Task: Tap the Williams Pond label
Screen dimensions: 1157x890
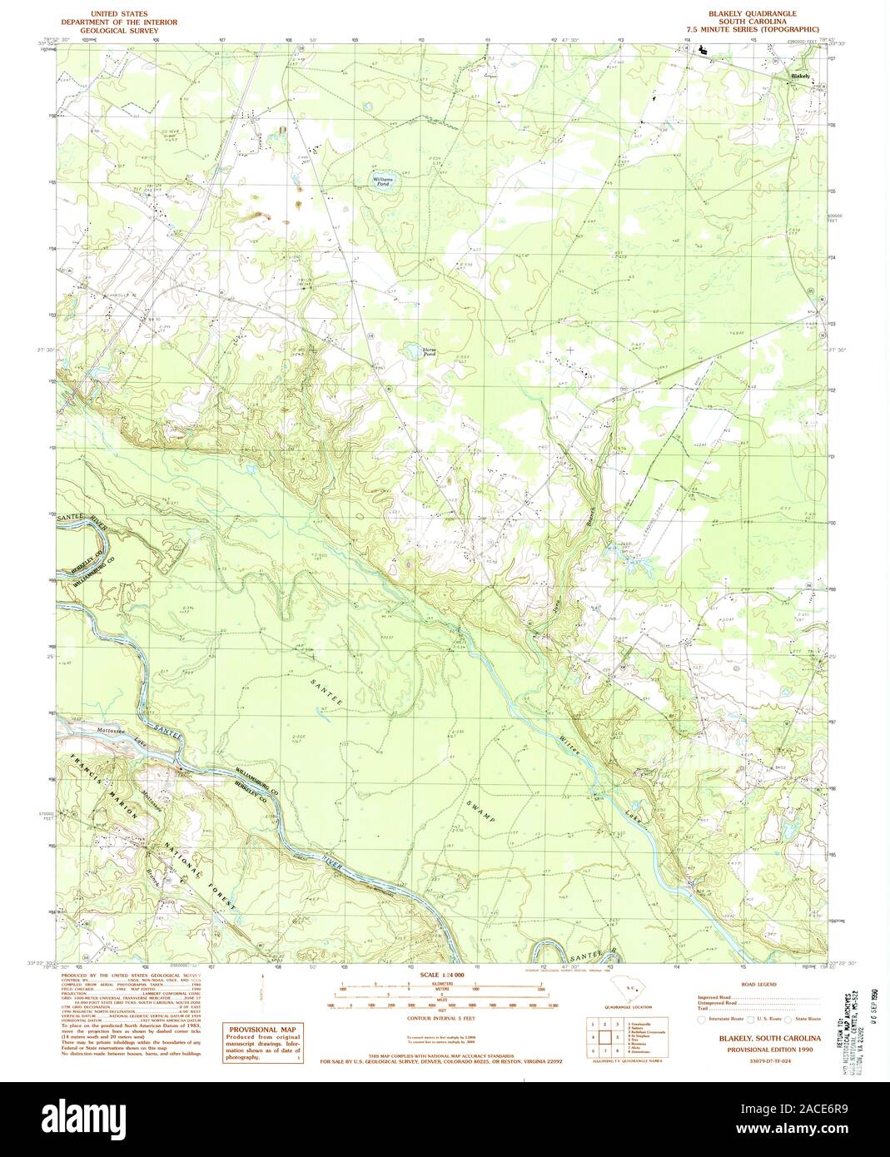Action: click(x=384, y=181)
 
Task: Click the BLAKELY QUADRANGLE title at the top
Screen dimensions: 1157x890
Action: click(x=752, y=14)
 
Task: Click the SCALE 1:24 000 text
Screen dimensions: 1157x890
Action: click(x=440, y=974)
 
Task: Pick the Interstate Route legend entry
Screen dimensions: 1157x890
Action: click(x=722, y=1018)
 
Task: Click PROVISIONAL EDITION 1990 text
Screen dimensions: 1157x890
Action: click(x=763, y=1051)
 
